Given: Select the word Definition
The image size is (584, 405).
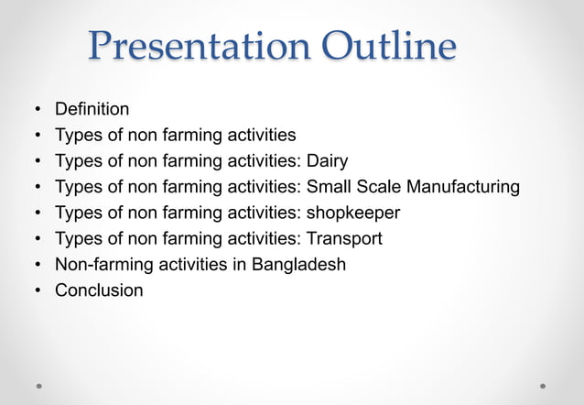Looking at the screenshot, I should tap(92, 110).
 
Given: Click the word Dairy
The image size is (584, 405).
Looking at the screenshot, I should tap(328, 161).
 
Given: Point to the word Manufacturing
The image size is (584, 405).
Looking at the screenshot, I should tap(463, 188).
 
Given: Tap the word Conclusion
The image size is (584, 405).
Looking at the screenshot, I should tap(99, 290).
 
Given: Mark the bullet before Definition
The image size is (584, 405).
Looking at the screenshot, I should tap(38, 111).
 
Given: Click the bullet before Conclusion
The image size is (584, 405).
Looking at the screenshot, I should tap(38, 291).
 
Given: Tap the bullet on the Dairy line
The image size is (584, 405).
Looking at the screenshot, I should tap(38, 162).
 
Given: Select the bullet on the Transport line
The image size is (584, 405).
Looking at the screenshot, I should tap(38, 240).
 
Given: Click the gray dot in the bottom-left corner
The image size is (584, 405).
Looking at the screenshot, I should tap(39, 386).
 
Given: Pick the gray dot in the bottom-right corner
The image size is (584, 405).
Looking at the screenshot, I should tap(543, 386).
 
